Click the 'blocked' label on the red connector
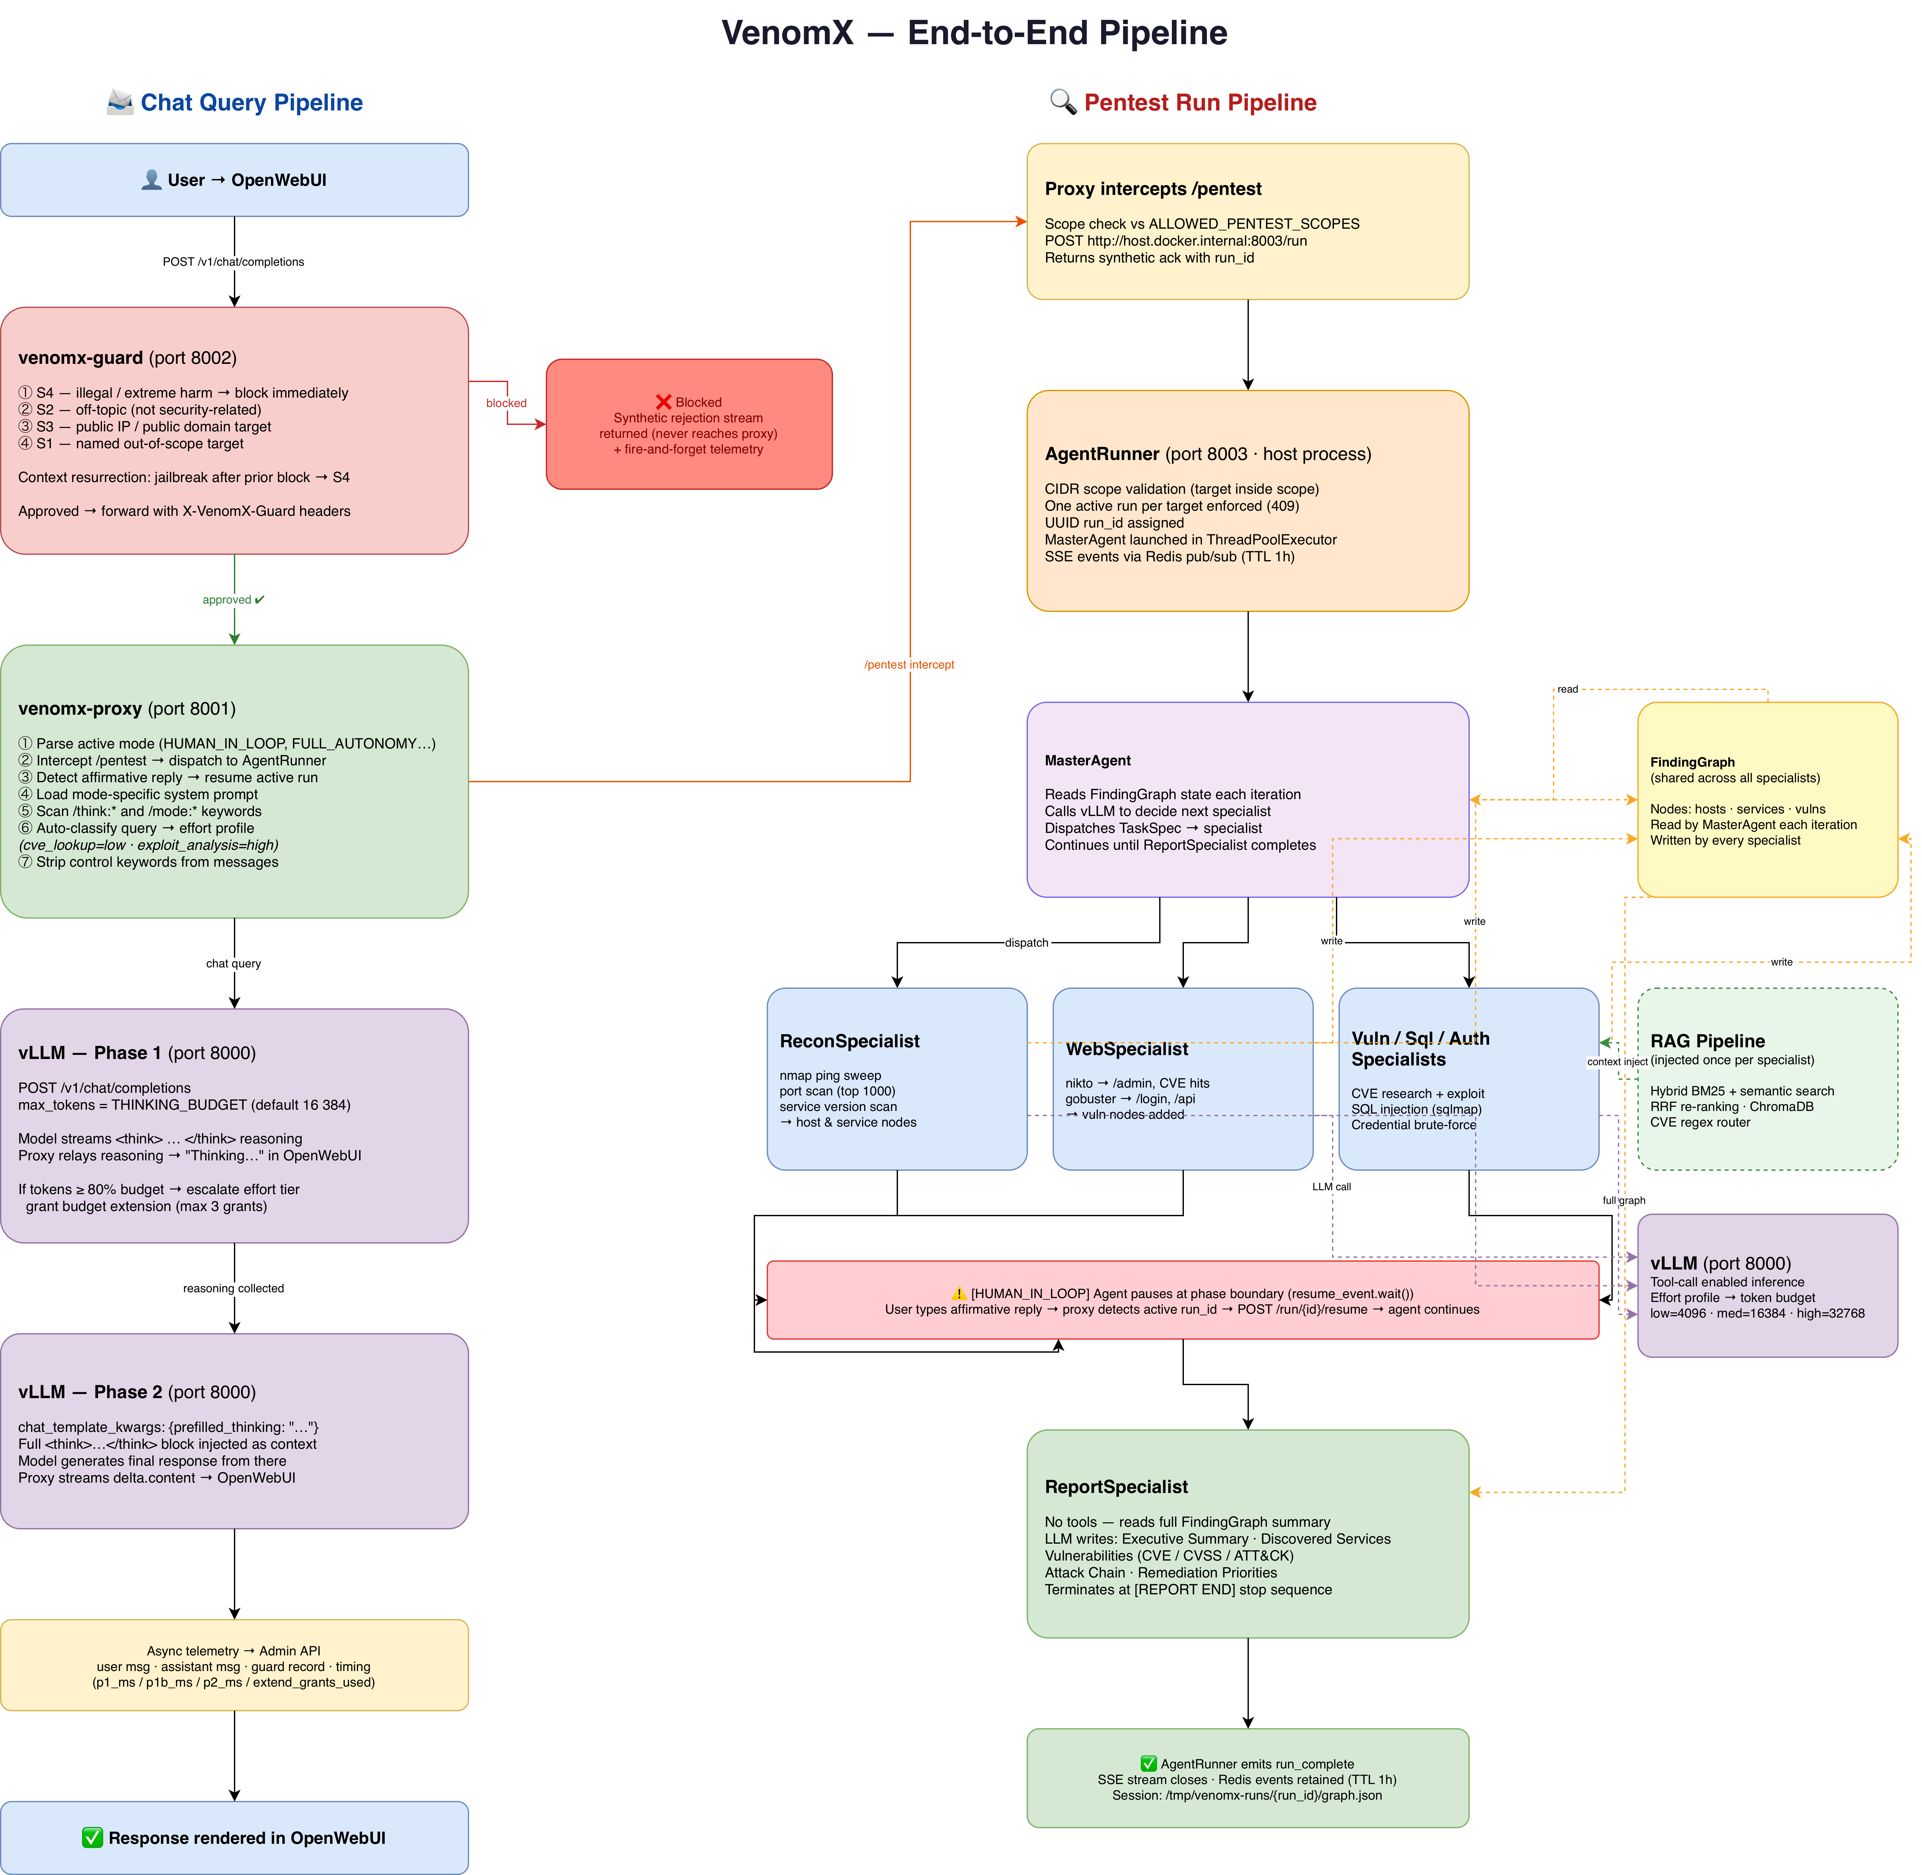pos(506,403)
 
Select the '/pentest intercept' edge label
pos(910,665)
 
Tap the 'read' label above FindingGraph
pos(1568,689)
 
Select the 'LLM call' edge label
pos(1332,1187)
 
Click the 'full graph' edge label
pos(1624,1200)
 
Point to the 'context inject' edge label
pos(1617,1062)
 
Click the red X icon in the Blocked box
pos(664,402)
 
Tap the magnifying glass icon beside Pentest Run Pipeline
pos(1062,101)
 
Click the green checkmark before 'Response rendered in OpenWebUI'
pos(93,1838)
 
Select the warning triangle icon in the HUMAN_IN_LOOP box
pos(959,1293)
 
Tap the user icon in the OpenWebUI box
pos(152,179)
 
